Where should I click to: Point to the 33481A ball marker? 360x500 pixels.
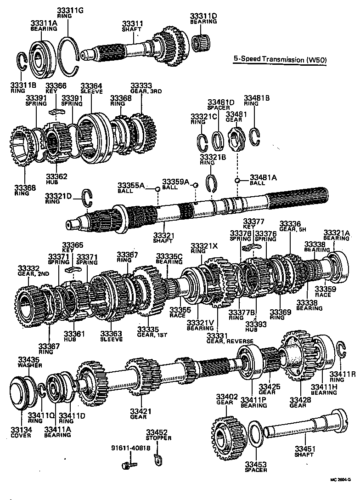[x=237, y=180]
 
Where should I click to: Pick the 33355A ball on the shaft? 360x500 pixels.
[x=157, y=188]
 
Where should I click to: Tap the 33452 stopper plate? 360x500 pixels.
[x=158, y=458]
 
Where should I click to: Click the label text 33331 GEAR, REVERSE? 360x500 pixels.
[x=224, y=338]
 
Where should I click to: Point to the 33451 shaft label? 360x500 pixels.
[x=304, y=451]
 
